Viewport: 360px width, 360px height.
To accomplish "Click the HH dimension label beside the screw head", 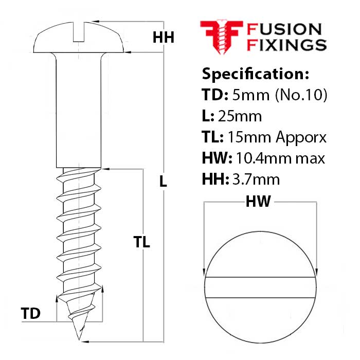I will point(164,38).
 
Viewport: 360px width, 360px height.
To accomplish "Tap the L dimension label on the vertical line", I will point(163,181).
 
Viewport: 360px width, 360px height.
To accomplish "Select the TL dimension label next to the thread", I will point(141,242).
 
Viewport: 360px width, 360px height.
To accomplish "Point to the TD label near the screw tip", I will point(31,313).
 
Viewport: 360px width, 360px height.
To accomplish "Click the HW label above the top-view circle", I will point(258,202).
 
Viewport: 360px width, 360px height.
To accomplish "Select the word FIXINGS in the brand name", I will point(287,45).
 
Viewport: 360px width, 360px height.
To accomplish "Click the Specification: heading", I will point(256,74).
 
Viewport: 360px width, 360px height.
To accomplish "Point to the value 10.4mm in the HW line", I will point(271,158).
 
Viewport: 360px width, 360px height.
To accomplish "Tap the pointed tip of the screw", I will point(80,336).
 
